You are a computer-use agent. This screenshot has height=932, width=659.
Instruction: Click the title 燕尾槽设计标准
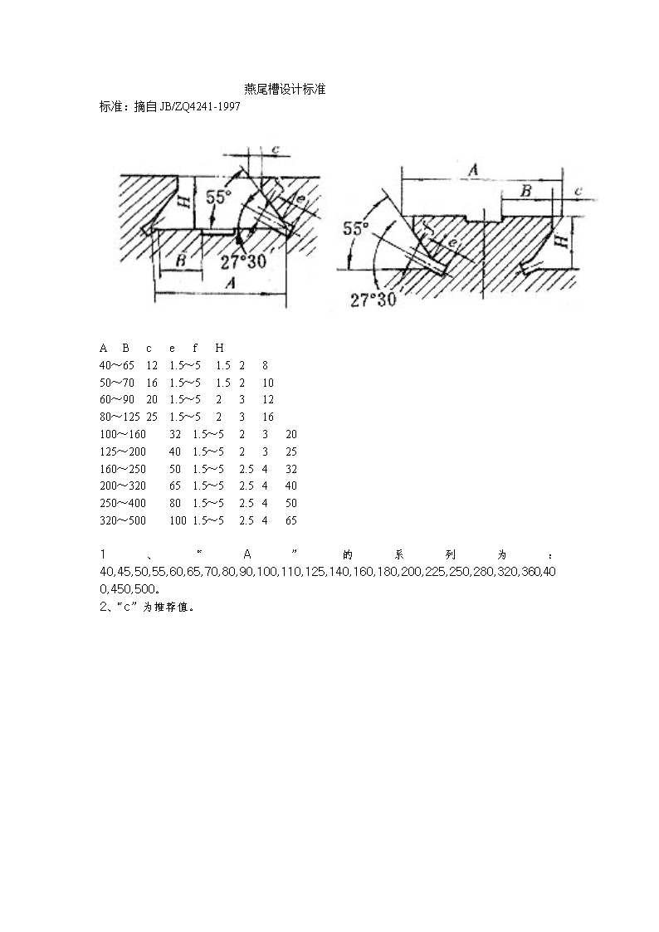(285, 89)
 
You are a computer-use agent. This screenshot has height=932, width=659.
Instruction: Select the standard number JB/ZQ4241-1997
(199, 107)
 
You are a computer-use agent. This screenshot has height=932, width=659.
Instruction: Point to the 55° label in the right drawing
(356, 227)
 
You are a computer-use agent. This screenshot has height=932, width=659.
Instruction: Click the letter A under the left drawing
(230, 283)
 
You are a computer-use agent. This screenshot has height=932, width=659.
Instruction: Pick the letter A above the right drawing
(473, 170)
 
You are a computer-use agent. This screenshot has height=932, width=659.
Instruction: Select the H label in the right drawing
(561, 240)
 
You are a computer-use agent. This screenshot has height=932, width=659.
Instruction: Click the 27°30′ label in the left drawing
(244, 261)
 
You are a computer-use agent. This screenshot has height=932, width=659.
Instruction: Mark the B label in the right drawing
(526, 191)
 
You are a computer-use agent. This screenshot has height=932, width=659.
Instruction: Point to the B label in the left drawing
(181, 261)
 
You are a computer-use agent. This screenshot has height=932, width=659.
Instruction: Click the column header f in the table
(195, 348)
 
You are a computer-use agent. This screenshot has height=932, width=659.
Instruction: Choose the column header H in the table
(219, 348)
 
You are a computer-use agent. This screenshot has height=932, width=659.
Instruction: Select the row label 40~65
(116, 365)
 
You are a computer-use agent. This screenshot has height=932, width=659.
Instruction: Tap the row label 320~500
(122, 520)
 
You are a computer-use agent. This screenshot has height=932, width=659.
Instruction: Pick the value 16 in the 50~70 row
(152, 383)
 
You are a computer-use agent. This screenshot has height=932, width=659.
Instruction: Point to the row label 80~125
(120, 417)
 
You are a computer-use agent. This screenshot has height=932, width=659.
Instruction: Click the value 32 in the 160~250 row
(291, 468)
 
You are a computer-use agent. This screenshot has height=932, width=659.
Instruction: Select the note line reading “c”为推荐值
(148, 607)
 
